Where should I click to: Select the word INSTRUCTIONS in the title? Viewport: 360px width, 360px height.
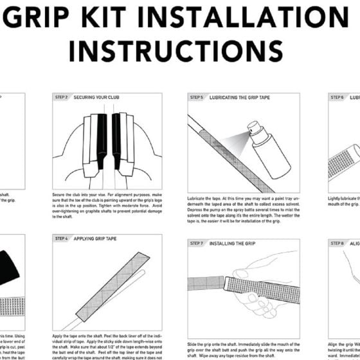click(175, 49)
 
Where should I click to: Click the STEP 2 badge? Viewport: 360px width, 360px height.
click(62, 98)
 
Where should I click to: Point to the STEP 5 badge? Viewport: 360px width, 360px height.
click(197, 98)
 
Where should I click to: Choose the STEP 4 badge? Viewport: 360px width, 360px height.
click(62, 239)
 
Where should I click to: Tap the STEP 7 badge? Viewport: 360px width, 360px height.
click(197, 244)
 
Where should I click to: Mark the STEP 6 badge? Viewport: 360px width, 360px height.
click(337, 98)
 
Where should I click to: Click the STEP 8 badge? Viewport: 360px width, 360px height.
click(337, 244)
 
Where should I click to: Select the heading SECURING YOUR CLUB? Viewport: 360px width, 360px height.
click(98, 98)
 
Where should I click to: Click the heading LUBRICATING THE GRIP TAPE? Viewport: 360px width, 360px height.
click(240, 98)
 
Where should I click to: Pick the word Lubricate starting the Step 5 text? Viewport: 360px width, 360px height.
click(197, 199)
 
